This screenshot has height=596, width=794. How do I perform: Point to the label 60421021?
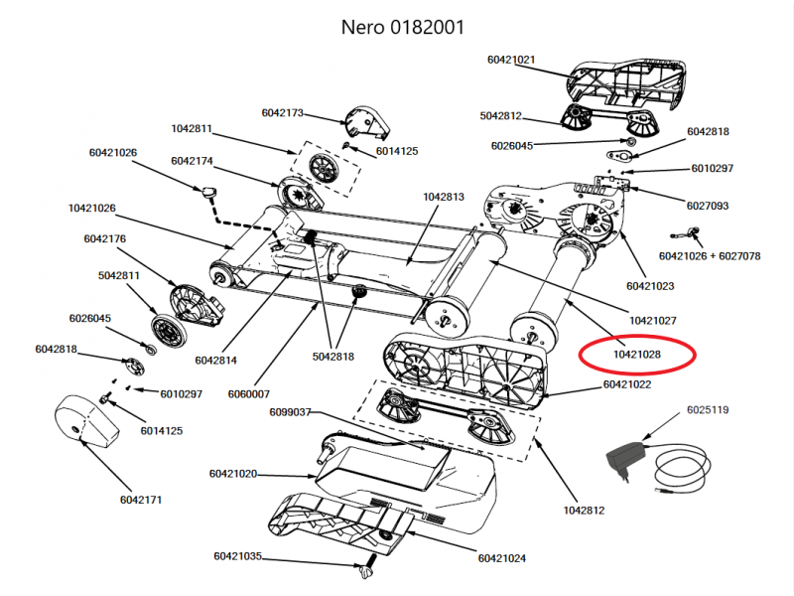[512, 60]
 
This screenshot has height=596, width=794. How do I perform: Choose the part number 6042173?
[284, 113]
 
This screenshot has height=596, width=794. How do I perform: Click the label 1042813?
[444, 197]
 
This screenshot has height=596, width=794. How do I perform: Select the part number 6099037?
[290, 411]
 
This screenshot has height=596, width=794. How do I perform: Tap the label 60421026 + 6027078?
[709, 255]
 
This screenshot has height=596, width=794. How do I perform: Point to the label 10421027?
[652, 320]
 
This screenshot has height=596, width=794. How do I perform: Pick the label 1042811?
[192, 129]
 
